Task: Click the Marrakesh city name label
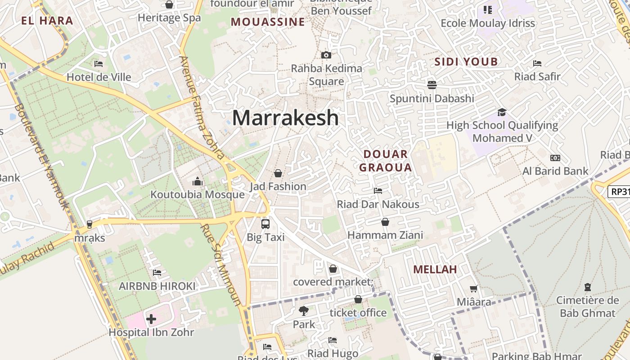(285, 118)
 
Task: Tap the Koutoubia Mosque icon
(197, 182)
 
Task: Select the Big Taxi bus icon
(265, 224)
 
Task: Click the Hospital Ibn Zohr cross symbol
(151, 319)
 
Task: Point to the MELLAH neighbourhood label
(435, 270)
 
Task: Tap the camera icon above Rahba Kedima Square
(326, 55)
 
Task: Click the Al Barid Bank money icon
(555, 158)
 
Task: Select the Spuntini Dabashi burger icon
(432, 85)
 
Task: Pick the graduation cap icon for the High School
(502, 112)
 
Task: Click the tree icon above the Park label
(304, 310)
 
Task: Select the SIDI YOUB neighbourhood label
(466, 62)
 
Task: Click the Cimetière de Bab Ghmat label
(588, 306)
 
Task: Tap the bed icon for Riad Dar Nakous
(378, 191)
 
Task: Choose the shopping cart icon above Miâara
(473, 288)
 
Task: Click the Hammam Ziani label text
(385, 235)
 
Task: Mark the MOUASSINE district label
(268, 22)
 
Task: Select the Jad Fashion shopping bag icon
(278, 173)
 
